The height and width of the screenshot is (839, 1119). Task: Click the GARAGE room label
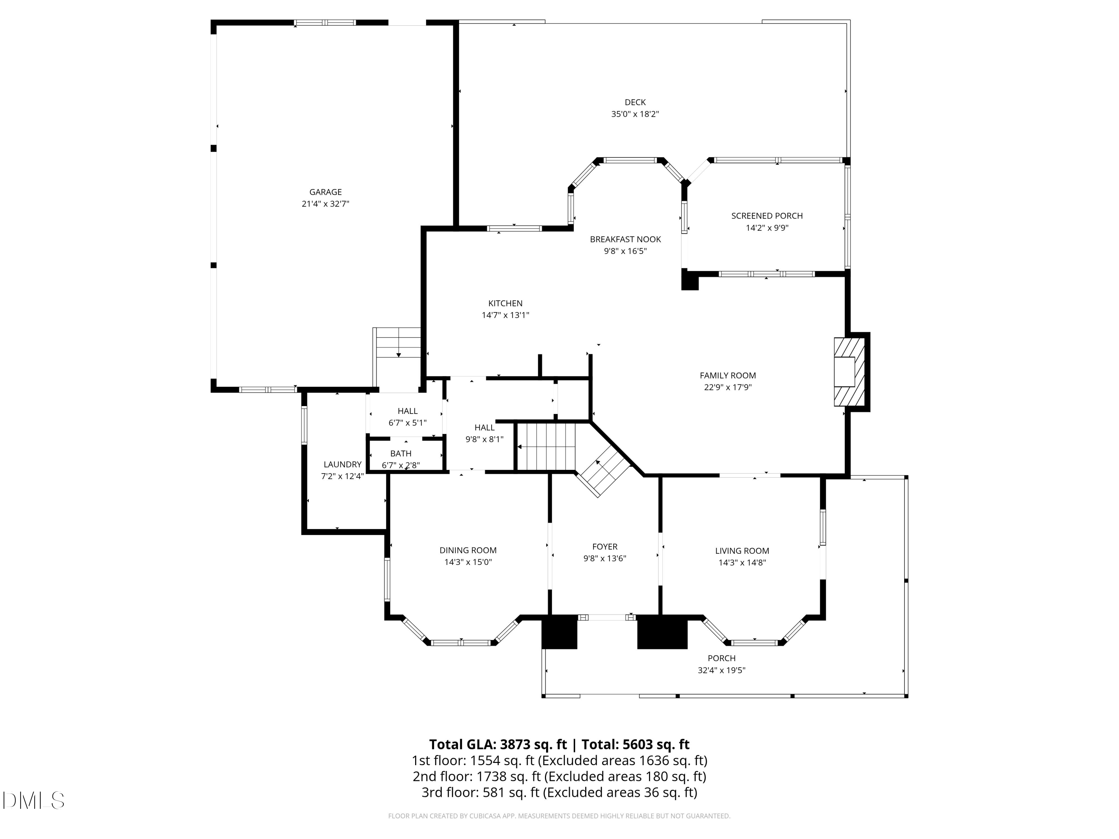(325, 192)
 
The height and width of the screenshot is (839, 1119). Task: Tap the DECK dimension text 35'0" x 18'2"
(635, 114)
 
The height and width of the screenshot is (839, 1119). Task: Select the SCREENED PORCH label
(767, 216)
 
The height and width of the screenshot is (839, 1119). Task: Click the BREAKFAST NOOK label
(625, 239)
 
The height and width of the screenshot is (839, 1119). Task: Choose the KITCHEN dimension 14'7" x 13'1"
(505, 315)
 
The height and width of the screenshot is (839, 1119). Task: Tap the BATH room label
(401, 454)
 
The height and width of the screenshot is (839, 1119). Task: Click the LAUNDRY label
(342, 464)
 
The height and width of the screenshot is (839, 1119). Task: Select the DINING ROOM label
(468, 550)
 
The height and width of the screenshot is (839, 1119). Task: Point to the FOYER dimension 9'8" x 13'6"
(605, 558)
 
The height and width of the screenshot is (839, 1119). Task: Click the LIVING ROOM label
(742, 551)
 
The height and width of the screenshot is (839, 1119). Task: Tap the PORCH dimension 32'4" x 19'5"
(721, 670)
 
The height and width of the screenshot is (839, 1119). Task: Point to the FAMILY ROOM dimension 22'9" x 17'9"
(727, 387)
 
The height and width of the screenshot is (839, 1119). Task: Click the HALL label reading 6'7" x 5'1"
(407, 411)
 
